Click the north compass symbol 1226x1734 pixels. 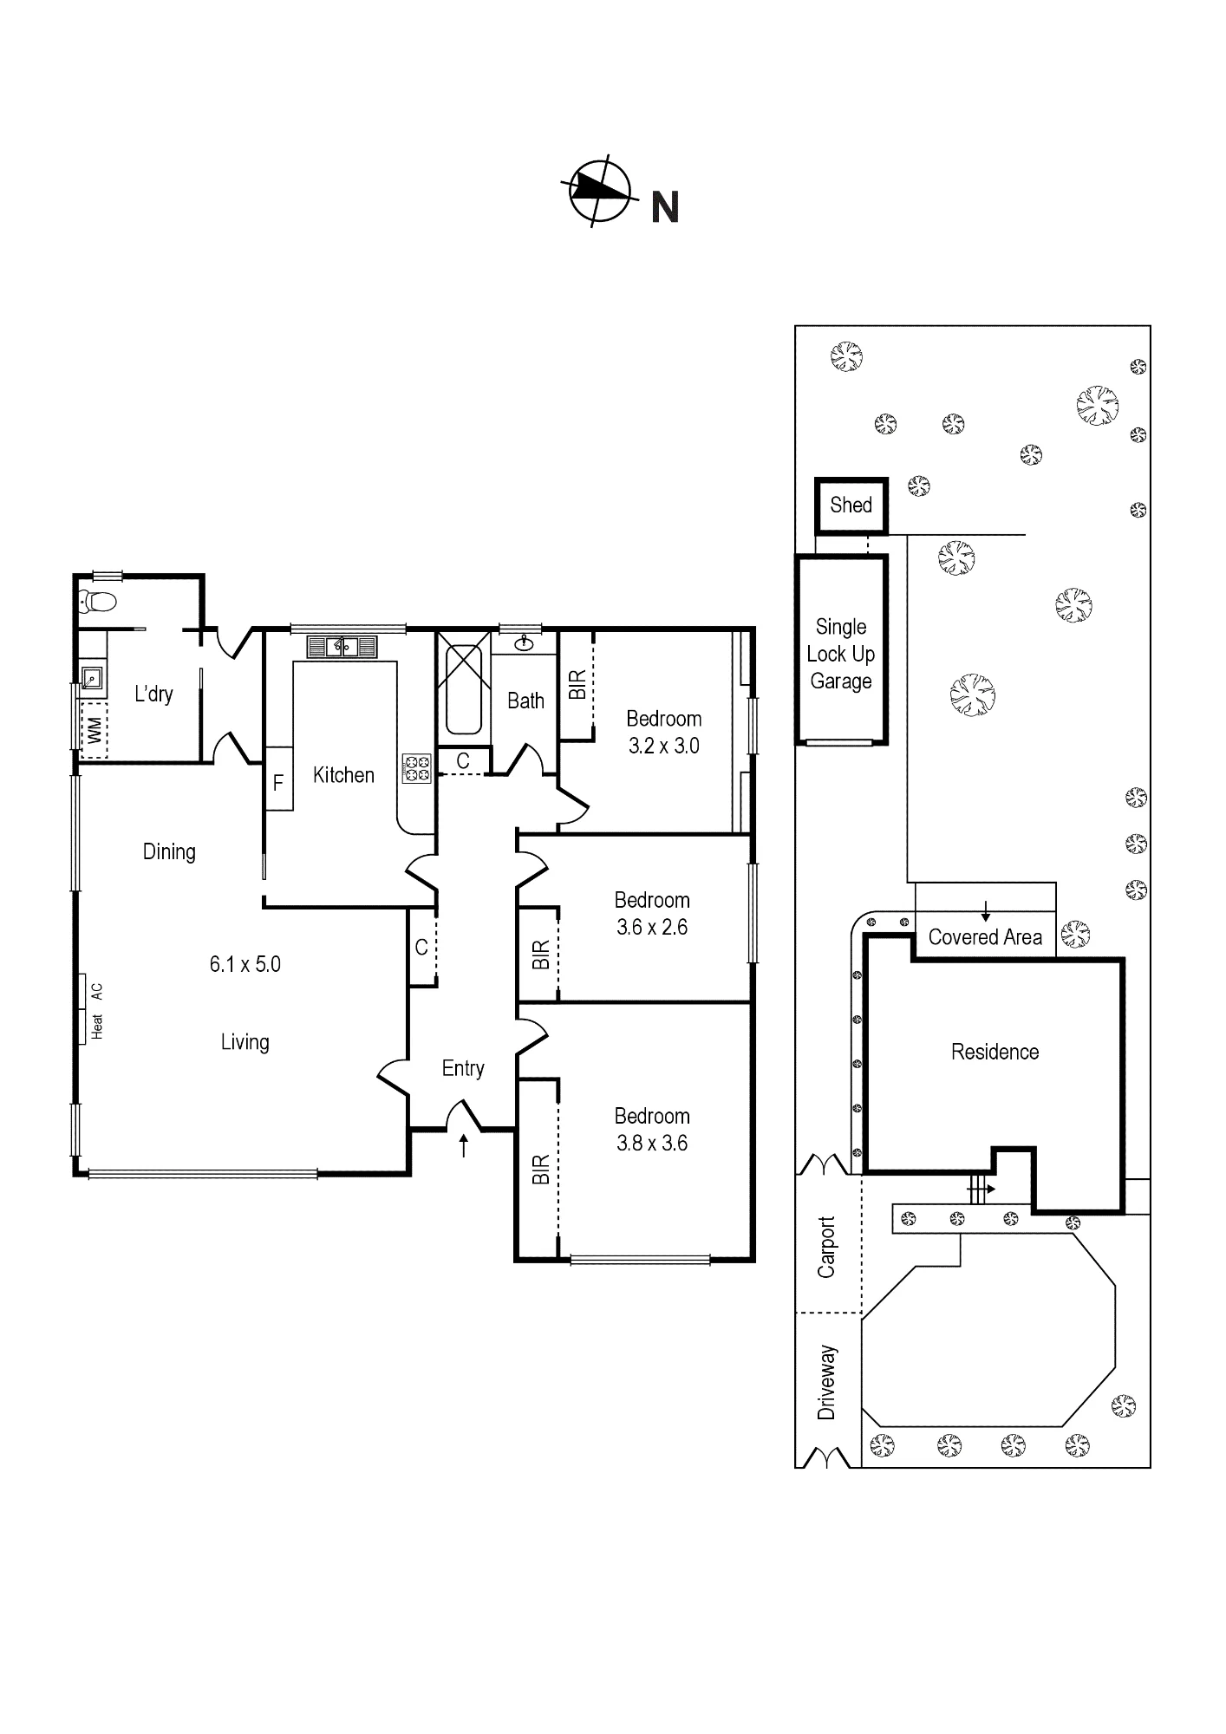click(x=599, y=191)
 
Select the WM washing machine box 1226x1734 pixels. click(x=94, y=730)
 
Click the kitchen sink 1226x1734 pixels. click(x=342, y=646)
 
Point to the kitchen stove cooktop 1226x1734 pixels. click(x=417, y=768)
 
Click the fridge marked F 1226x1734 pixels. click(x=278, y=778)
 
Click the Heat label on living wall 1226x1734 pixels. click(x=97, y=1026)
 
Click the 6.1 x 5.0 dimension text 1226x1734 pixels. click(x=245, y=964)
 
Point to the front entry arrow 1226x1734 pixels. click(x=464, y=1145)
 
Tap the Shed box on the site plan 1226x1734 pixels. click(x=851, y=505)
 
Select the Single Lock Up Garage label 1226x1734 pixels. click(x=841, y=654)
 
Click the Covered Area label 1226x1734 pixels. click(x=985, y=937)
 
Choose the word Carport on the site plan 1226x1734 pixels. click(x=826, y=1247)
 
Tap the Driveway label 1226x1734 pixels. click(x=826, y=1382)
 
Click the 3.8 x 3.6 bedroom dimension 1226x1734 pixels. click(x=652, y=1143)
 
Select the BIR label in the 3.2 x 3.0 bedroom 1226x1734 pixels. click(x=577, y=685)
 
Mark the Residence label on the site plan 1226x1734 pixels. click(x=994, y=1052)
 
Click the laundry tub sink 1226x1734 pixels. click(x=92, y=677)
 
